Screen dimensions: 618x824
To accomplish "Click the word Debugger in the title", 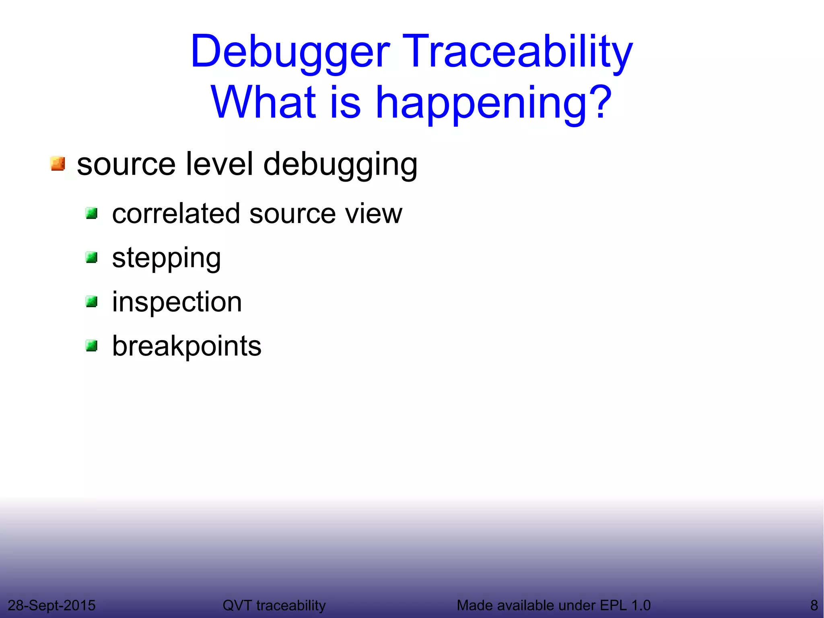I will tap(290, 52).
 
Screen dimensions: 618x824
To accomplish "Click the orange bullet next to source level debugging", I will tap(58, 164).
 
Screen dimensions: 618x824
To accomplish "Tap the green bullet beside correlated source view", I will tap(92, 213).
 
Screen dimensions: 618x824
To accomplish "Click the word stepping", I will tap(166, 258).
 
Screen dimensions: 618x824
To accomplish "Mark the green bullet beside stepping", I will tap(92, 257).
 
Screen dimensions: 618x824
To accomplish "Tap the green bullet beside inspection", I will tap(92, 301).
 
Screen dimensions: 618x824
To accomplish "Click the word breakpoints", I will tap(186, 346).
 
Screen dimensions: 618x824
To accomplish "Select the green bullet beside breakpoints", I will tap(92, 345).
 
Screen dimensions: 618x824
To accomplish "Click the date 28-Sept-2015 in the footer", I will tap(51, 605).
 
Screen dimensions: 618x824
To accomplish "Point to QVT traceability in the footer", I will tap(274, 605).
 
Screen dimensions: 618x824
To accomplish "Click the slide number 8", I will tap(814, 605).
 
